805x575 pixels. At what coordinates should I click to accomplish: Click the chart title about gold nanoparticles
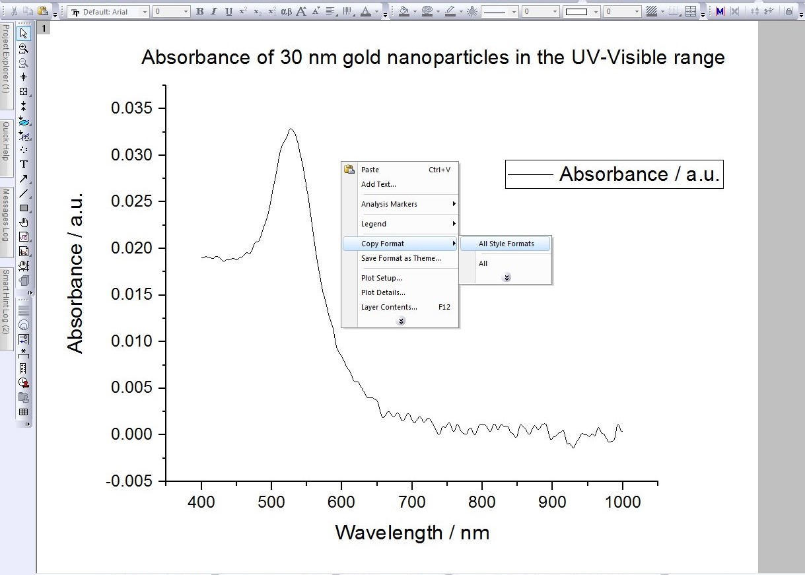click(433, 57)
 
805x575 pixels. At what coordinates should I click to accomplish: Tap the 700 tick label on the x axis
click(411, 502)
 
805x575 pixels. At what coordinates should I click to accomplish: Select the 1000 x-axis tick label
click(622, 502)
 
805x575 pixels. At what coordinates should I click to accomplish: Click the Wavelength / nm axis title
click(412, 532)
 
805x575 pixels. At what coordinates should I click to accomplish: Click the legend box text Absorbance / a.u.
click(639, 174)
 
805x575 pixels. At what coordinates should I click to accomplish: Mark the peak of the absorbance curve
click(290, 129)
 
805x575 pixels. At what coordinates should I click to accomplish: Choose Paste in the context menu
click(370, 170)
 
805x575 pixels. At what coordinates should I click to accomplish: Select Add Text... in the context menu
click(378, 184)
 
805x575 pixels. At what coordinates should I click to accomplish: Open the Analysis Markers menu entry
click(389, 204)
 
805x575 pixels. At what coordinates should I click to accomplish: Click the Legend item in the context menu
click(374, 224)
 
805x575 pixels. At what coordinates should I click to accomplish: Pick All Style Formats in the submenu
click(506, 244)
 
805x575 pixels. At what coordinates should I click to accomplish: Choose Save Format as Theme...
click(401, 258)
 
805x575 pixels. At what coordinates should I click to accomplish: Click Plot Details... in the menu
click(383, 292)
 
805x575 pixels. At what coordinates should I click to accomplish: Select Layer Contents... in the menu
click(389, 307)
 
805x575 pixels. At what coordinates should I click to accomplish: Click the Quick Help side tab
click(5, 140)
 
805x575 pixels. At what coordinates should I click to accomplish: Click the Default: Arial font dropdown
click(109, 11)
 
